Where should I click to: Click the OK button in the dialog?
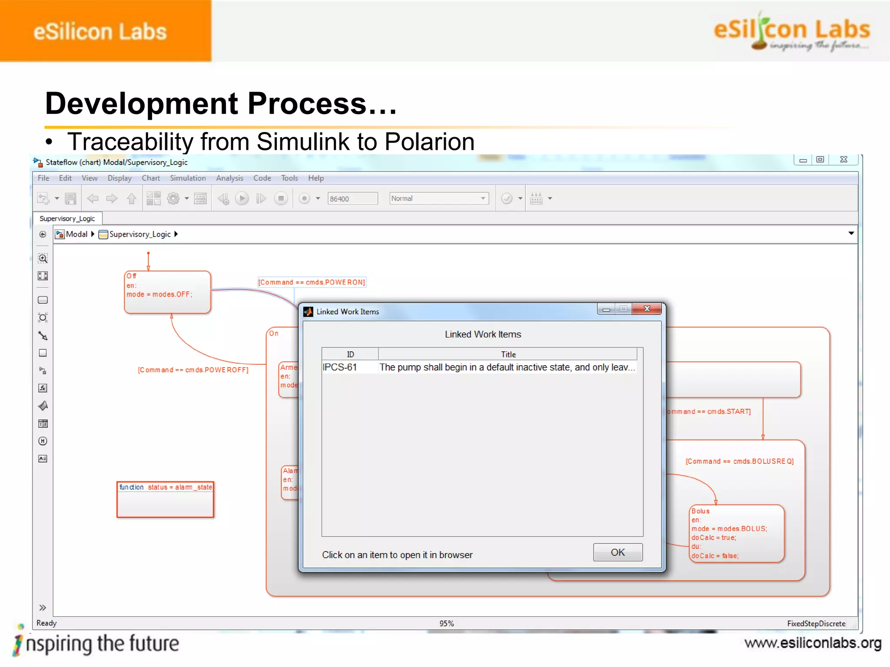pyautogui.click(x=618, y=552)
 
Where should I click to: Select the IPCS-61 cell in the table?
pyautogui.click(x=340, y=367)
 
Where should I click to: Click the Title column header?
pyautogui.click(x=508, y=354)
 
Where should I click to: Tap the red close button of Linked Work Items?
pyautogui.click(x=647, y=309)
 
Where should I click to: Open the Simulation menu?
pyautogui.click(x=188, y=178)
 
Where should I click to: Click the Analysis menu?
pyautogui.click(x=229, y=178)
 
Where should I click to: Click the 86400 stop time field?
pyautogui.click(x=352, y=198)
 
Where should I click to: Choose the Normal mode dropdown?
pyautogui.click(x=438, y=198)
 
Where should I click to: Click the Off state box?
pyautogui.click(x=167, y=292)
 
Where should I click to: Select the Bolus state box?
pyautogui.click(x=737, y=533)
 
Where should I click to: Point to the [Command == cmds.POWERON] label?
pyautogui.click(x=312, y=282)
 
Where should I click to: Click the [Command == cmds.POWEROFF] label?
pyautogui.click(x=193, y=370)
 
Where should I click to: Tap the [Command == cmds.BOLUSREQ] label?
pyautogui.click(x=740, y=461)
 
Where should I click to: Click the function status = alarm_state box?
pyautogui.click(x=165, y=499)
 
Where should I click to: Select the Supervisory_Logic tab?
pyautogui.click(x=67, y=218)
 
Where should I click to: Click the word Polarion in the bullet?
pyautogui.click(x=429, y=142)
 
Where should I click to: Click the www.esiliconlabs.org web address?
pyautogui.click(x=813, y=643)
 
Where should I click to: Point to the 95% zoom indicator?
pyautogui.click(x=446, y=623)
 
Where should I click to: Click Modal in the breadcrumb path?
pyautogui.click(x=76, y=234)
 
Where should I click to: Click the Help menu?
pyautogui.click(x=316, y=178)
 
